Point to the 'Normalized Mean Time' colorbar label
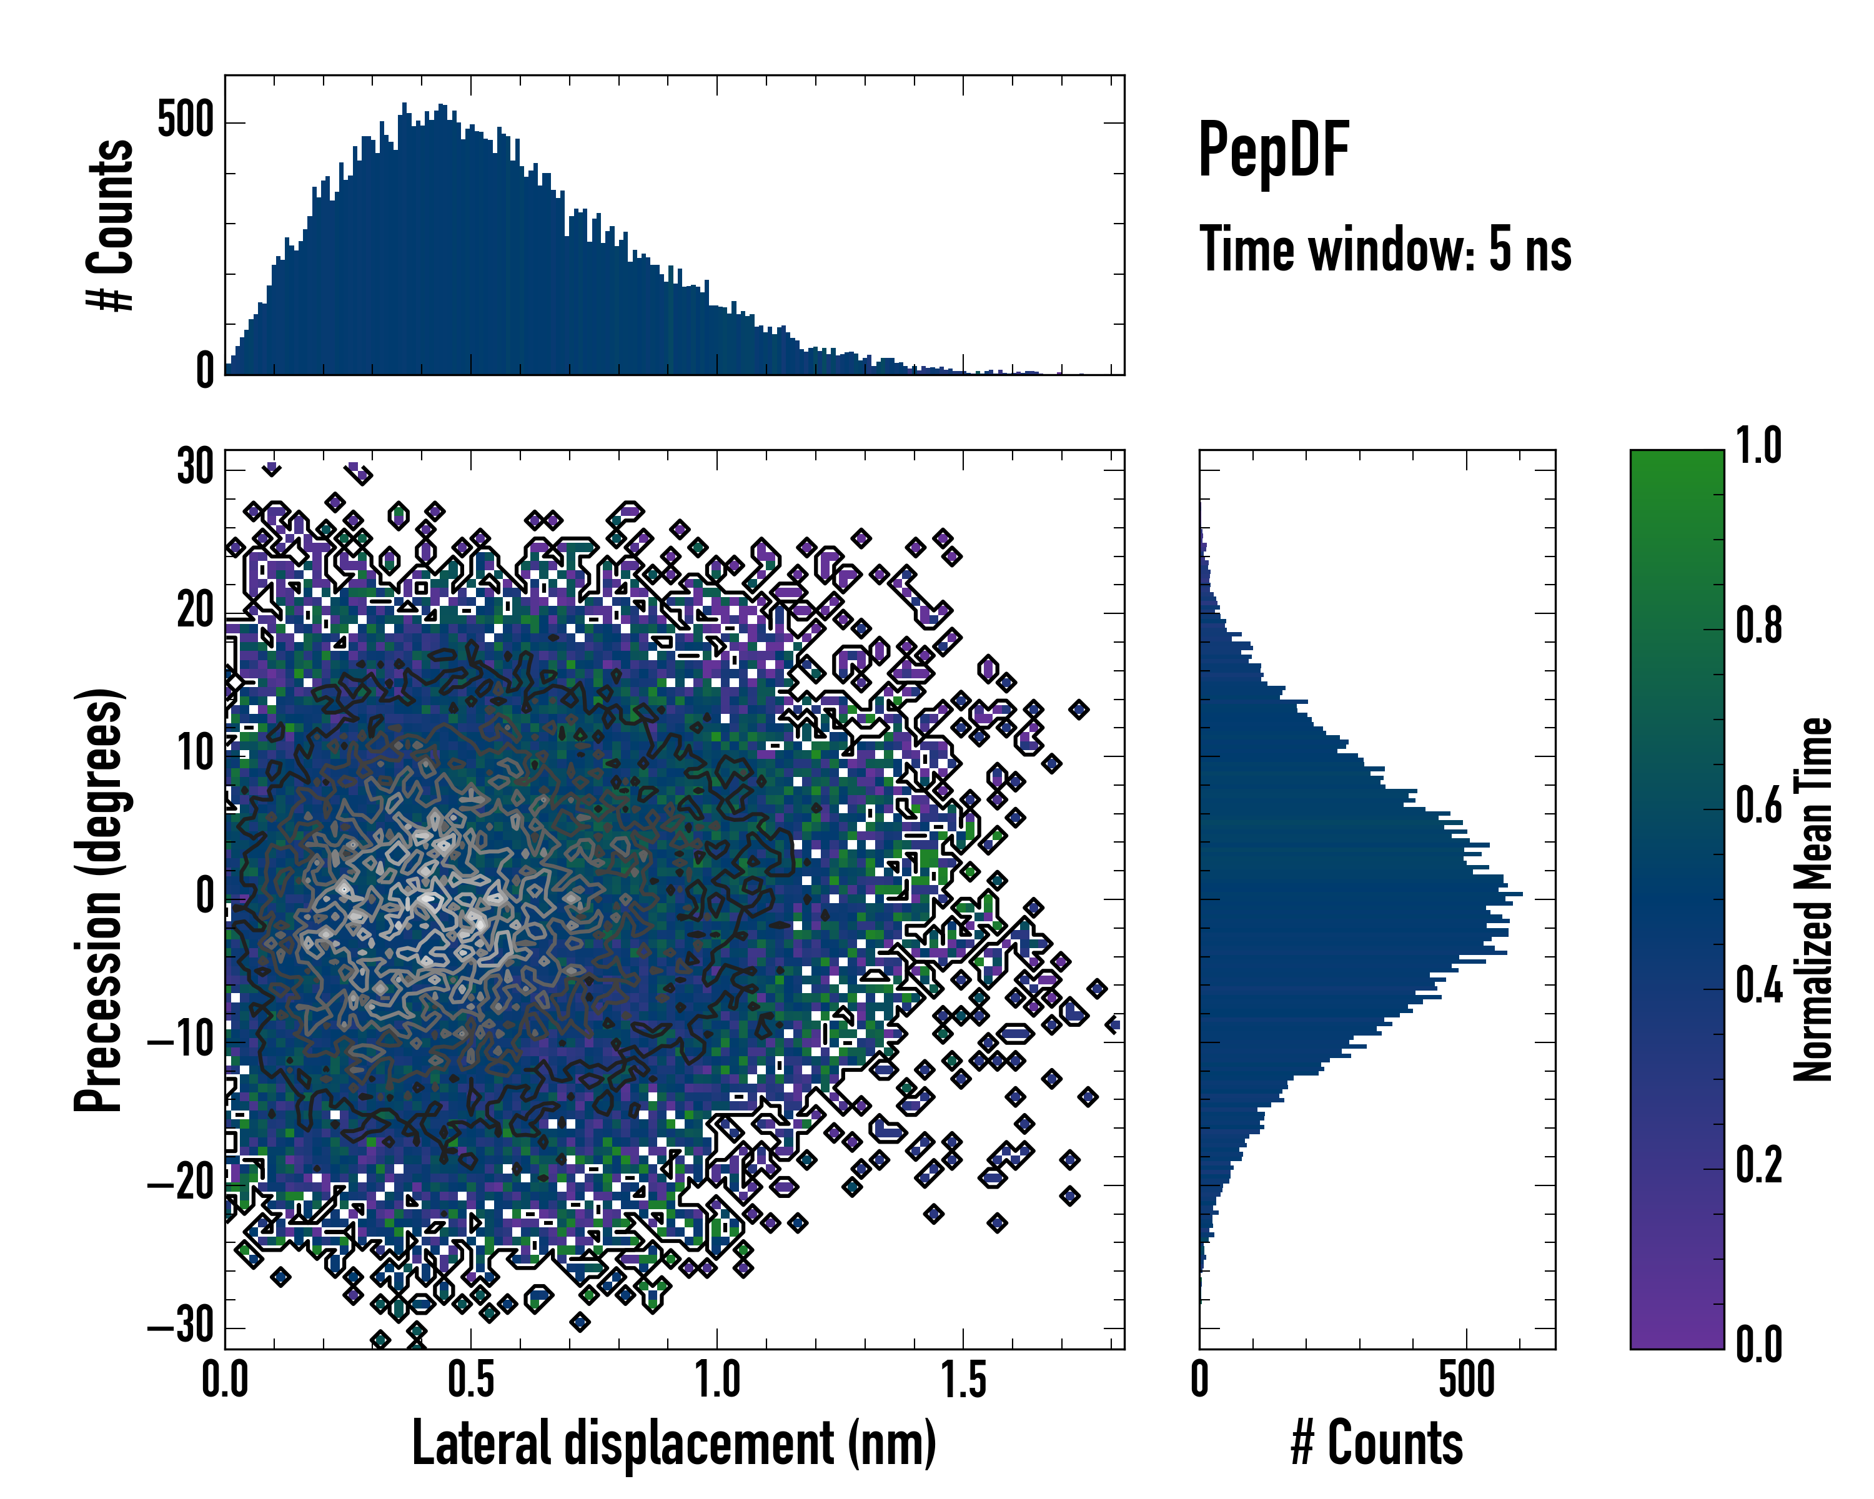(x=1813, y=899)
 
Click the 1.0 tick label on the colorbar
(x=1759, y=447)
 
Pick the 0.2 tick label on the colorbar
(x=1759, y=1165)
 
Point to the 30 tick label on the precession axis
(x=195, y=468)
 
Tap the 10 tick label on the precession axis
(x=195, y=754)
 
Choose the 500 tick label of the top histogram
(x=185, y=120)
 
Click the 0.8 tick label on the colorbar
(x=1759, y=626)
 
